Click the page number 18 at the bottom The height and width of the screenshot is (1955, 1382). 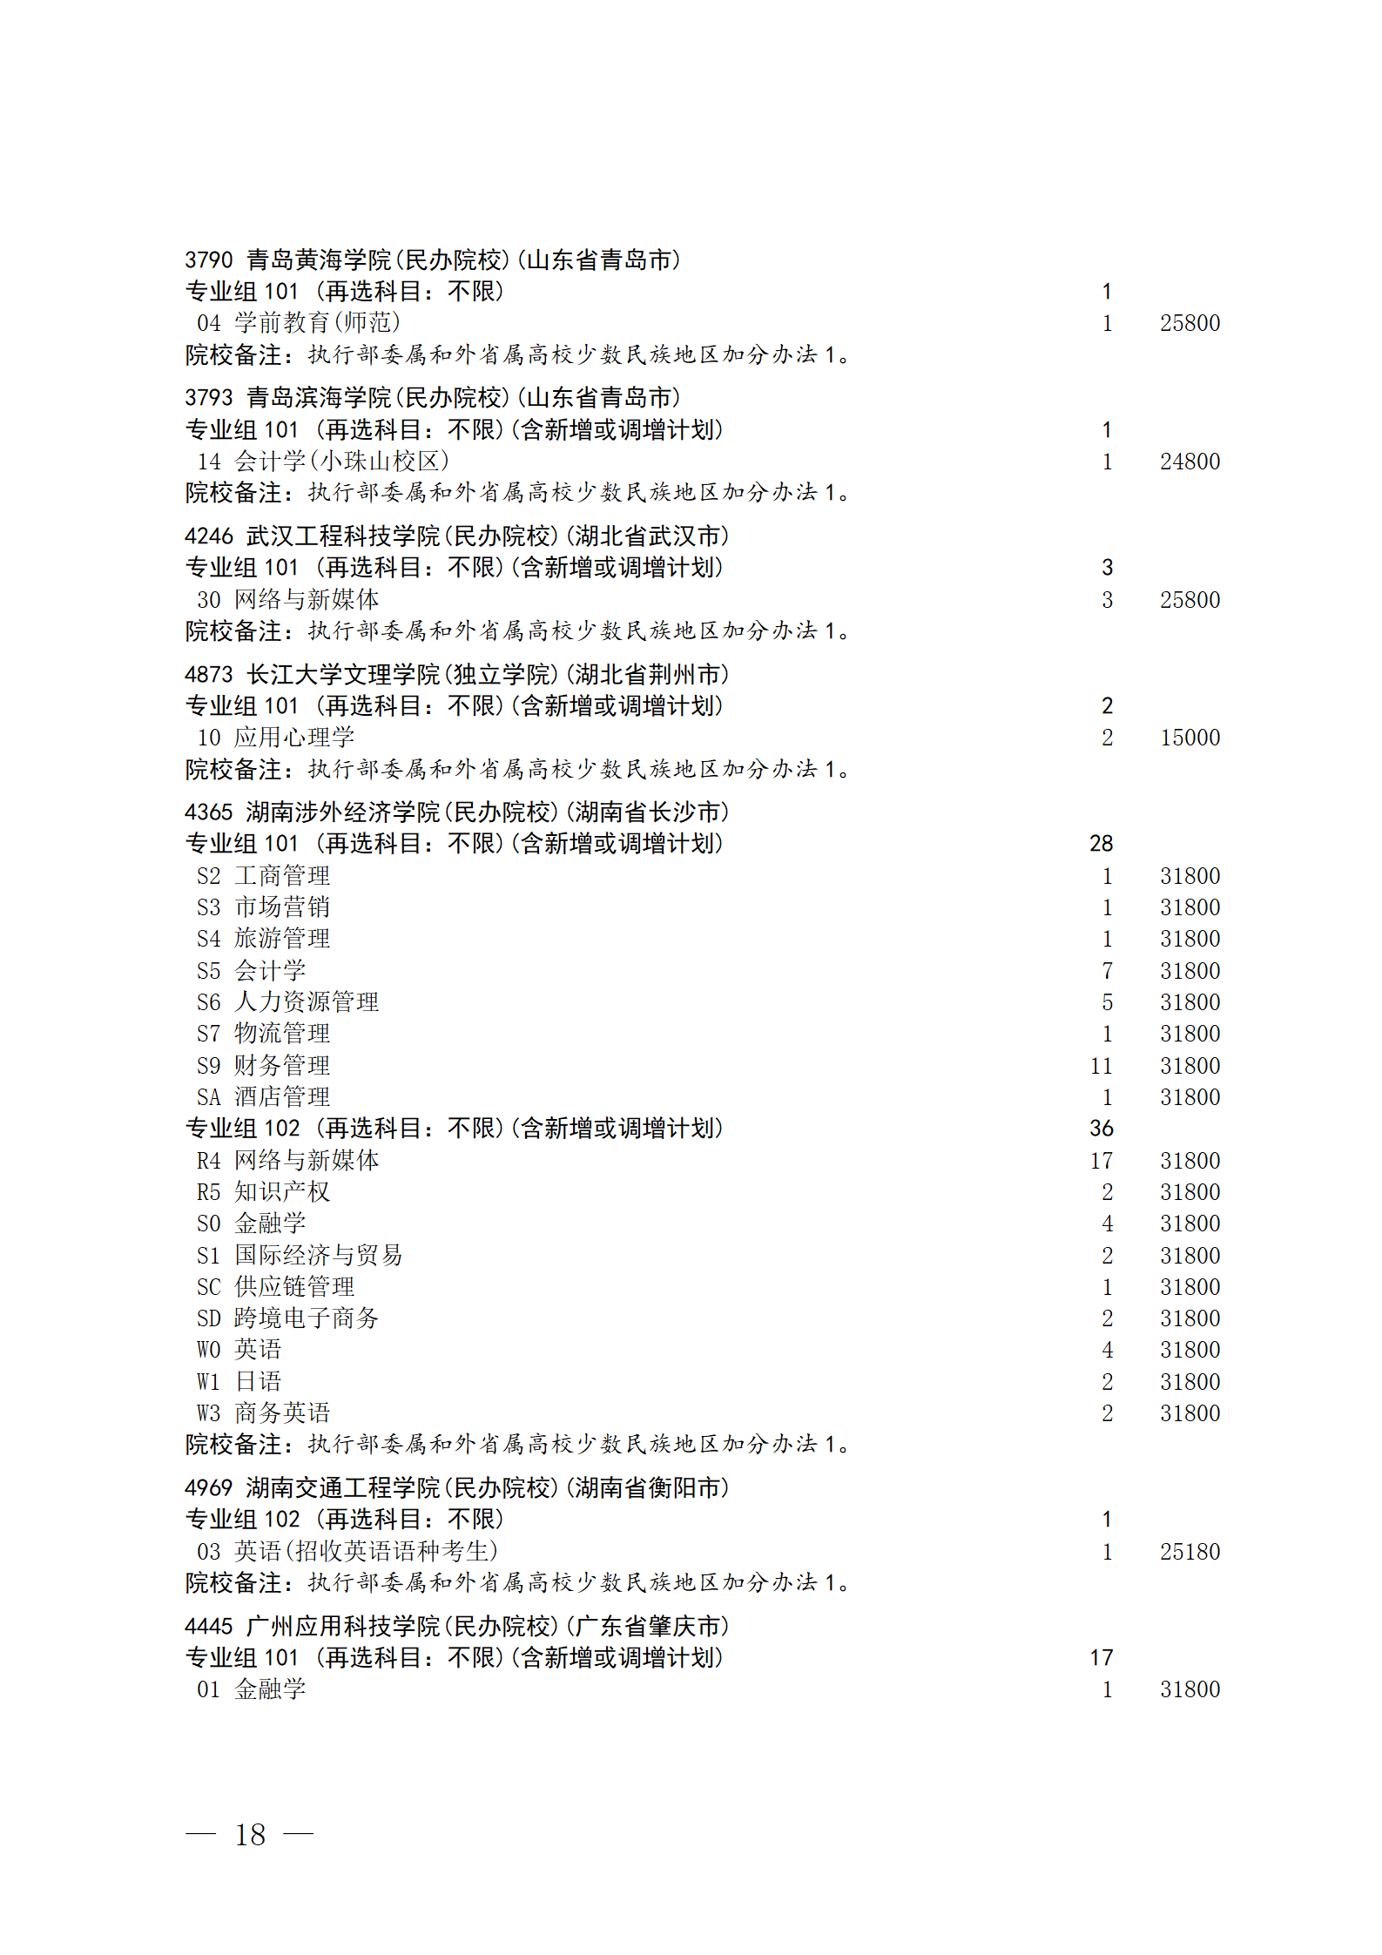click(250, 1835)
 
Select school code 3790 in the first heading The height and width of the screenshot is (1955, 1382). click(209, 260)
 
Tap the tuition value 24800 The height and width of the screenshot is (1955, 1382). click(1190, 462)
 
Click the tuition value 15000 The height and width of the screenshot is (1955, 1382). click(1190, 738)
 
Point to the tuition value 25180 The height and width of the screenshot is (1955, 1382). click(1190, 1552)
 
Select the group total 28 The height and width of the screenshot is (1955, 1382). click(1101, 844)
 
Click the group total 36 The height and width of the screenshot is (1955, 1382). click(1101, 1129)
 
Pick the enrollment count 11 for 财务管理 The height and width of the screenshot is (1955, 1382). click(1101, 1066)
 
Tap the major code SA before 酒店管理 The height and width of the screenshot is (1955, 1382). click(209, 1097)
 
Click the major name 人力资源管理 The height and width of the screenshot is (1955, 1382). click(307, 1002)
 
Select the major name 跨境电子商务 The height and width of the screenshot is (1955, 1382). click(307, 1318)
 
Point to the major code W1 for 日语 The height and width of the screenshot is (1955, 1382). click(209, 1382)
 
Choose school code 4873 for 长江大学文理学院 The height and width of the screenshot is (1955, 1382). click(209, 675)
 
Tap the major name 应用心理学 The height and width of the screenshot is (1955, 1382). click(294, 738)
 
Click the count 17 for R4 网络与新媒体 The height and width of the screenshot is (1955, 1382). click(1101, 1161)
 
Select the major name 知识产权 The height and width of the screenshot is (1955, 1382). click(282, 1192)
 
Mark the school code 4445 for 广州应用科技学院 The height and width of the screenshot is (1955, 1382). click(209, 1627)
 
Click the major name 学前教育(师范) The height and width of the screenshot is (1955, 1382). click(317, 323)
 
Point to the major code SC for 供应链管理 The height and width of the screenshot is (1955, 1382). click(209, 1287)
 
